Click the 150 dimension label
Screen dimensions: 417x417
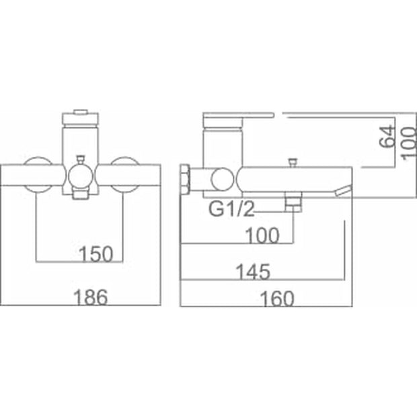coord(96,254)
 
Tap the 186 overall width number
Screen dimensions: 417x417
coord(91,297)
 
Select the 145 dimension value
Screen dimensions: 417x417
coord(253,272)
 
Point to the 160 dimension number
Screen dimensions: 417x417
coord(277,299)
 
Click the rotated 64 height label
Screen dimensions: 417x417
coord(387,136)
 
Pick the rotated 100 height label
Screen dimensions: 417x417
coord(409,144)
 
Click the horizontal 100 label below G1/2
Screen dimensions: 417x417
coord(262,235)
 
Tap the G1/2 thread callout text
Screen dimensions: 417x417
coord(231,208)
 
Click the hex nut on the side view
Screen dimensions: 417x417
coord(185,180)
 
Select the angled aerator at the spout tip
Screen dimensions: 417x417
coord(343,191)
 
